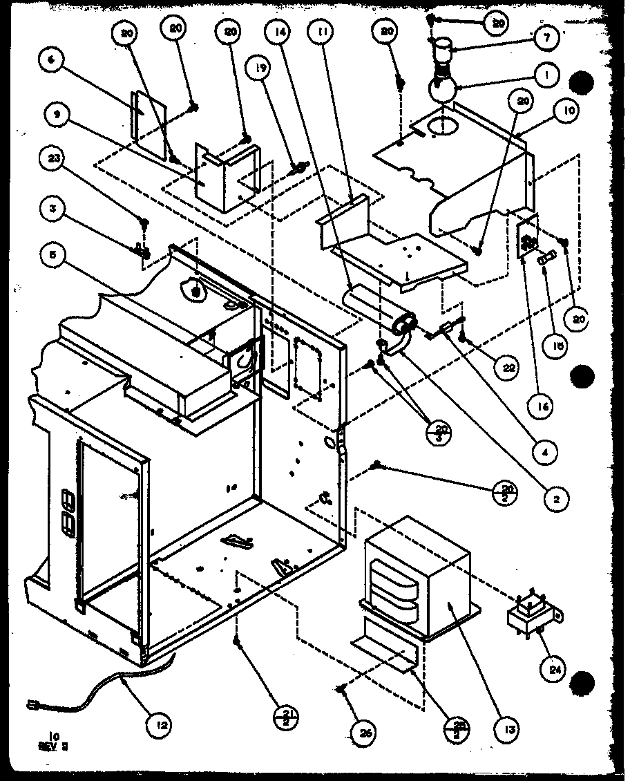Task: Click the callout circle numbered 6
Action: coord(50,60)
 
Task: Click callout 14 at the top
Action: coord(278,32)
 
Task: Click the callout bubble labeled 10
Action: coord(571,110)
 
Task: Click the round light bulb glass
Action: coord(440,88)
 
